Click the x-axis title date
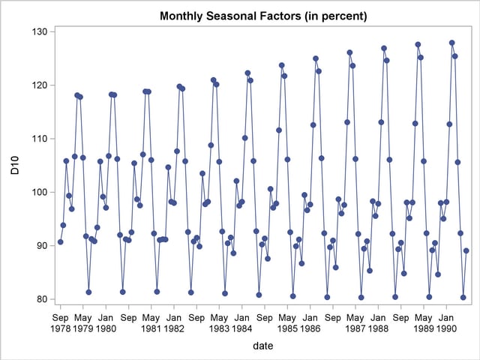pyautogui.click(x=262, y=346)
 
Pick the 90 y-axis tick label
pyautogui.click(x=41, y=246)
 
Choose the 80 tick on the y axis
pyautogui.click(x=41, y=299)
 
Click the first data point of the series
pyautogui.click(x=60, y=242)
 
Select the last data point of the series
pyautogui.click(x=466, y=250)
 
